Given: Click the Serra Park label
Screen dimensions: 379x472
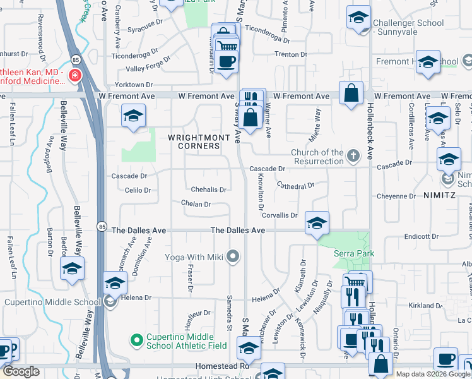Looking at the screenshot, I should pos(354,253).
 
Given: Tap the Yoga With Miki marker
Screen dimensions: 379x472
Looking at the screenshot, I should pos(233,256).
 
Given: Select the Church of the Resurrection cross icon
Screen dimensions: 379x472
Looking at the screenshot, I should pos(354,153).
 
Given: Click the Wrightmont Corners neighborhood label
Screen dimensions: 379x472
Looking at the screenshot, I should pos(194,141).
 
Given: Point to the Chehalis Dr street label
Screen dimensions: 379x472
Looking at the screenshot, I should pos(208,189).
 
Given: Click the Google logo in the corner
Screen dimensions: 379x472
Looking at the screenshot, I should pos(21,371).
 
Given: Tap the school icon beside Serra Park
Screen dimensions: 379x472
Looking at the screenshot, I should pos(317,223).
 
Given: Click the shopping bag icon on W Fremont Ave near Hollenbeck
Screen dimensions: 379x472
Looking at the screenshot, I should pos(351,93).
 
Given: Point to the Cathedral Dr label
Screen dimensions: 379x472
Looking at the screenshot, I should pos(295,186).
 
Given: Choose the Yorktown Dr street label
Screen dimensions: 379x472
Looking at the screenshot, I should pos(133,85).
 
